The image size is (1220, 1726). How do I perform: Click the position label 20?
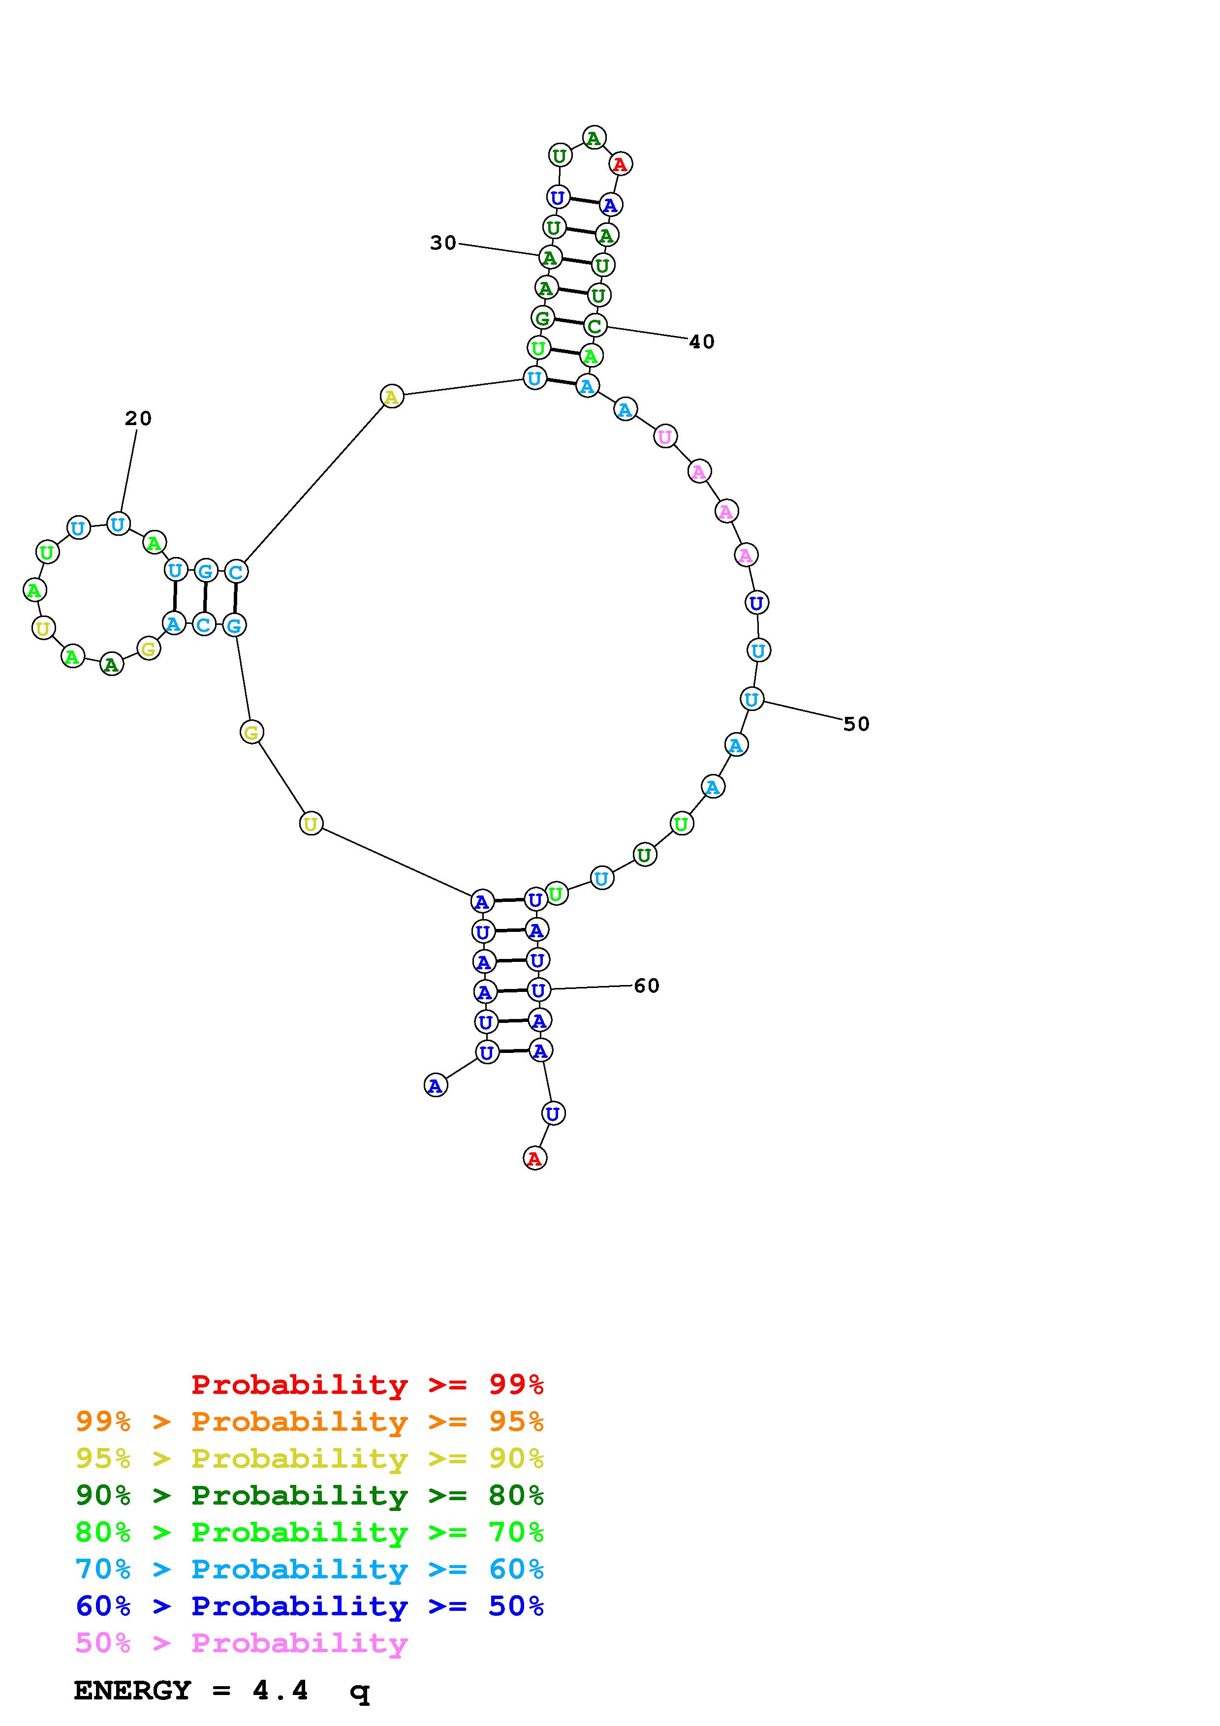click(x=138, y=419)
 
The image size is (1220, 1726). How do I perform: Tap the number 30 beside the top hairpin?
click(x=443, y=243)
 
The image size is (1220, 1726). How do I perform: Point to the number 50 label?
click(x=856, y=724)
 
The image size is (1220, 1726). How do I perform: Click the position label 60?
click(x=647, y=986)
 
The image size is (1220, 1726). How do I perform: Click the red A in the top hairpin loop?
click(x=620, y=164)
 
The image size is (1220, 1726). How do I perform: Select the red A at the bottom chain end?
click(x=534, y=1158)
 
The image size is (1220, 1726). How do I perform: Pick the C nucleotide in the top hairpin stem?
click(x=594, y=326)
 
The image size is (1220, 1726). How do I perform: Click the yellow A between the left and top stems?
click(x=392, y=396)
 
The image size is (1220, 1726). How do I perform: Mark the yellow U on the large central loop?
click(x=311, y=824)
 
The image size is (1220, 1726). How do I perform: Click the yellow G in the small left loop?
click(x=149, y=649)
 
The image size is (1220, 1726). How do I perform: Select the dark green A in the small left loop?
click(x=111, y=665)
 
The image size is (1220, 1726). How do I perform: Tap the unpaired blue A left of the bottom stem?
click(x=435, y=1085)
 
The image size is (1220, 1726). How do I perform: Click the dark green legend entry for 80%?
click(x=310, y=1495)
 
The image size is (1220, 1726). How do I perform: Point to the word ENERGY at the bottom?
click(x=132, y=1691)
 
